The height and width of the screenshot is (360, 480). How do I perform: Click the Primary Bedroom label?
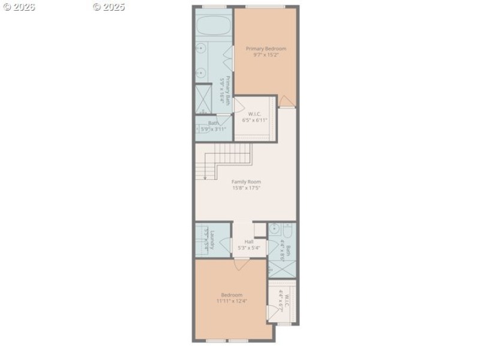coord(266,49)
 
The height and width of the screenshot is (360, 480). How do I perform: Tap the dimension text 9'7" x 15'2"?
coord(266,55)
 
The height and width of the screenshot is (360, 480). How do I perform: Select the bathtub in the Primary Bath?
coord(213,26)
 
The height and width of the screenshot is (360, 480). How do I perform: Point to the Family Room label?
coord(246,182)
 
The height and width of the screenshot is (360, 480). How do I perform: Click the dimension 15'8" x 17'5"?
coord(246,188)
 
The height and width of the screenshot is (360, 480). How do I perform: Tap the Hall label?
coord(248,241)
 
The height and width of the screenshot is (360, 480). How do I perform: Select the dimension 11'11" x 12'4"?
coord(232,301)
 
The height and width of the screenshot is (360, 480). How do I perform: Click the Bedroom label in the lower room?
coord(232,295)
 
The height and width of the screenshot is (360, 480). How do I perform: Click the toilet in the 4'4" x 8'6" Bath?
coord(286,229)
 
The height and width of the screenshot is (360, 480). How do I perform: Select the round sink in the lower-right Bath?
coord(274,229)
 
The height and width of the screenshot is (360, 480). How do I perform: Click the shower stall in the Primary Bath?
coord(204,98)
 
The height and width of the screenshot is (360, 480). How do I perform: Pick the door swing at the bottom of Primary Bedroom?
coord(287,101)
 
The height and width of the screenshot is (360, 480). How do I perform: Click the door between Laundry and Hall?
coord(226,247)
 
